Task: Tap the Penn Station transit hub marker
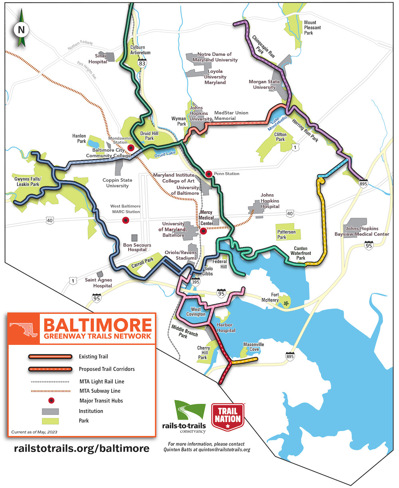[208, 174]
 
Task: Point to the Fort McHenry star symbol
[286, 304]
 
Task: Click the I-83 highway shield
[142, 63]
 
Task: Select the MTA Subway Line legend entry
[99, 391]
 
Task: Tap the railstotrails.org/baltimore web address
[82, 448]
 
